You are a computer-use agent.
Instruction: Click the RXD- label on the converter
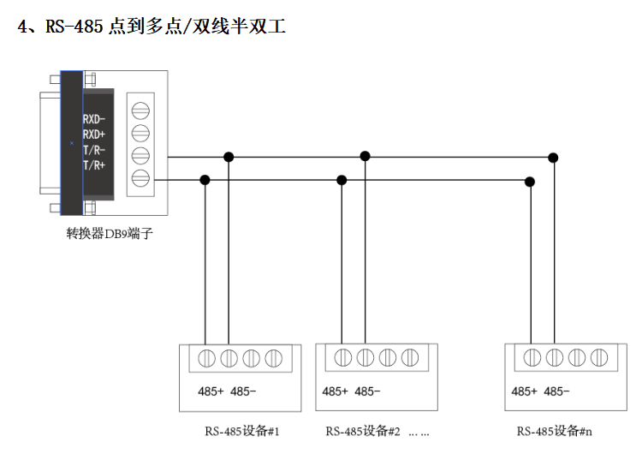[94, 119]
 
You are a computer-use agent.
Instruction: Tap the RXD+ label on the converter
[94, 134]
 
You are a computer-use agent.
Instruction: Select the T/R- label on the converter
[94, 150]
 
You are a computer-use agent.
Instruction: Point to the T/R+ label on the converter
[94, 165]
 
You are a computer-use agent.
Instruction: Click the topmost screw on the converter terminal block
[140, 111]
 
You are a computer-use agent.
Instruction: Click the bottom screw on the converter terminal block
[140, 178]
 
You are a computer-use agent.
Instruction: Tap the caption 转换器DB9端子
[110, 234]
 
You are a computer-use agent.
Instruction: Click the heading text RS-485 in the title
[74, 27]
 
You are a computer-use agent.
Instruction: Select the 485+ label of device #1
[211, 391]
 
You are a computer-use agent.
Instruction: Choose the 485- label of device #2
[367, 391]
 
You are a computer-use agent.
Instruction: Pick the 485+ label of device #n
[524, 391]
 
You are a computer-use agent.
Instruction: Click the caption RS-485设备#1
[242, 431]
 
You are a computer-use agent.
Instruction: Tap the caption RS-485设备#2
[363, 431]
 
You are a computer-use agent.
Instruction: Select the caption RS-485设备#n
[555, 431]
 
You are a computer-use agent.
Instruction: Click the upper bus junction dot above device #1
[229, 157]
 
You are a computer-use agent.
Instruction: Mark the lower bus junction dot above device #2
[342, 180]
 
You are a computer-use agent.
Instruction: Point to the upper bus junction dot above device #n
[553, 158]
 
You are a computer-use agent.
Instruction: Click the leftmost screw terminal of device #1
[207, 358]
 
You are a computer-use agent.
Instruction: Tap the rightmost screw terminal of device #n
[599, 357]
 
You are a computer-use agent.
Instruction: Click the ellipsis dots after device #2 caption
[419, 433]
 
